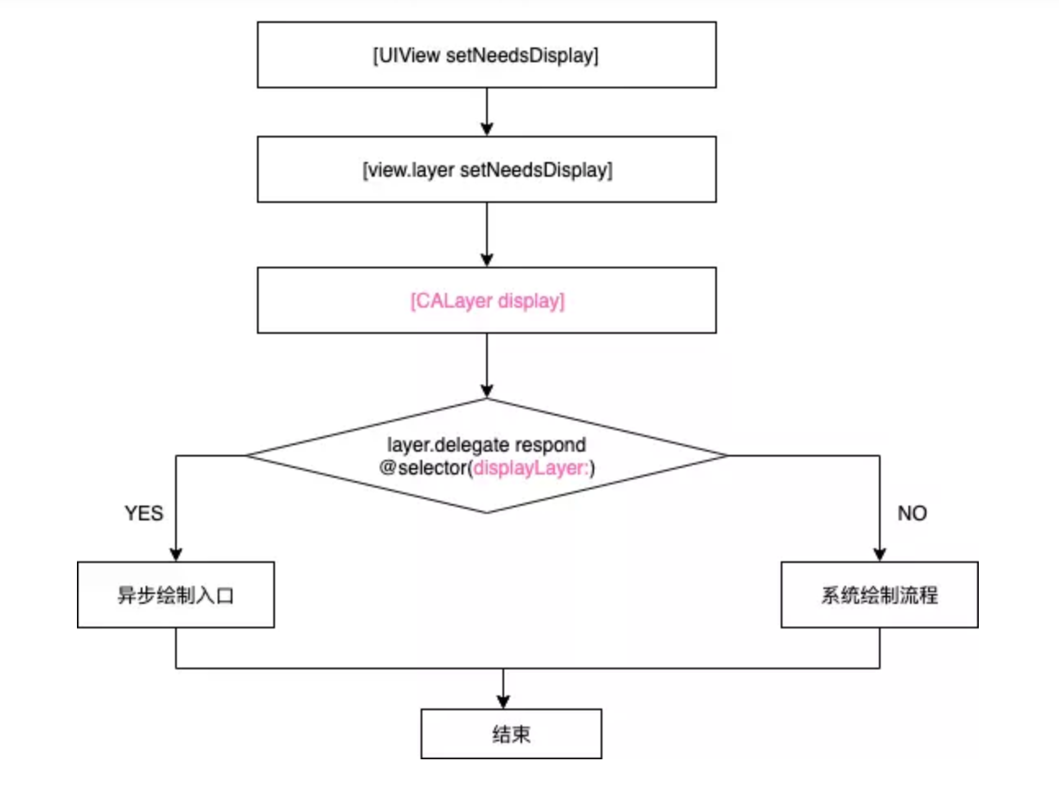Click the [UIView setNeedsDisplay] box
486,55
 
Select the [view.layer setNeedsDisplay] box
486,169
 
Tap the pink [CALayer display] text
487,301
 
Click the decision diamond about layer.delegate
486,491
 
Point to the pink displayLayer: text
530,468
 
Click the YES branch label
144,513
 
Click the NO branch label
912,513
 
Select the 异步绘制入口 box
175,595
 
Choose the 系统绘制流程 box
879,595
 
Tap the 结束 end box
511,734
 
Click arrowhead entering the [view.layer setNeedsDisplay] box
486,128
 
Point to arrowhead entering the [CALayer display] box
486,259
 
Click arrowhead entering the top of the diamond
486,390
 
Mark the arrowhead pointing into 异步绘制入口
175,554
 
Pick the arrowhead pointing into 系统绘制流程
879,554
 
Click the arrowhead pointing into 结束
502,701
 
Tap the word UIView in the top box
409,55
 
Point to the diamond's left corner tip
249,456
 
